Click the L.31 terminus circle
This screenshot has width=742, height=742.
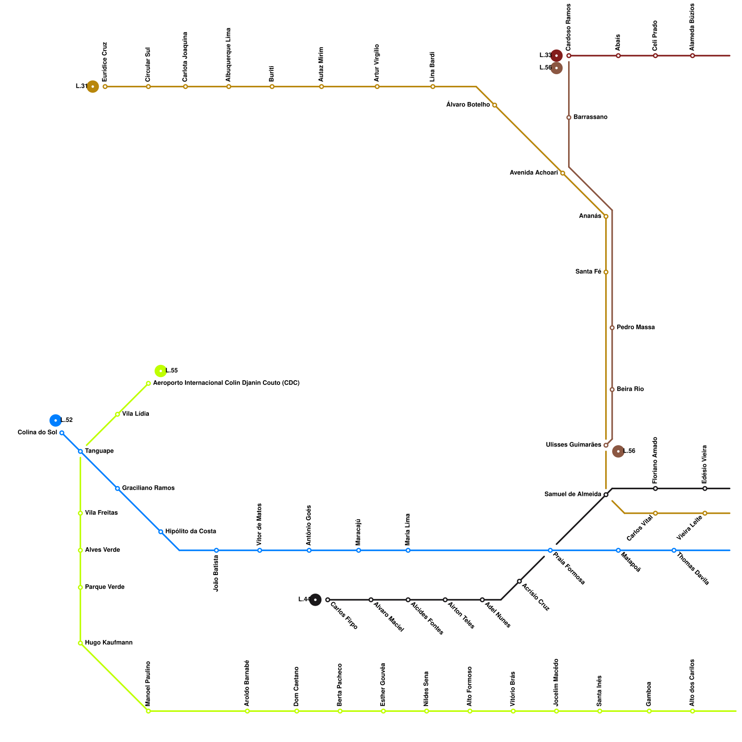[x=93, y=87]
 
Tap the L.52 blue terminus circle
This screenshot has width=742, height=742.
[x=56, y=420]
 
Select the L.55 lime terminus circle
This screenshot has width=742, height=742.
[x=160, y=371]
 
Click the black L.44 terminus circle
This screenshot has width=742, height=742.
[x=315, y=600]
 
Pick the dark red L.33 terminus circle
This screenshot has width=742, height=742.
[x=556, y=56]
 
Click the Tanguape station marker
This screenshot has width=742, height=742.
[x=80, y=451]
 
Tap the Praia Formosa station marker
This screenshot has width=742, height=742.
[x=550, y=550]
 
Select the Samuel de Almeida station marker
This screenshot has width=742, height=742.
[x=606, y=495]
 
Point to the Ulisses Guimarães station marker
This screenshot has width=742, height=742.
[x=606, y=445]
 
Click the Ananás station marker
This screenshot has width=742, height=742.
[x=606, y=217]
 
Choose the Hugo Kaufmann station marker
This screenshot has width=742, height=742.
[x=80, y=643]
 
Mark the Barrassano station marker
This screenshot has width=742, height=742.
[x=569, y=117]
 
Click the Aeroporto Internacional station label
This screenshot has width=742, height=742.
[x=226, y=383]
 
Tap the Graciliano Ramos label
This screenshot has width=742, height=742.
[x=148, y=488]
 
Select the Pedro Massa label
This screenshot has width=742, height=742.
[x=636, y=327]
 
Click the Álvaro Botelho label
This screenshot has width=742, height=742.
[x=468, y=105]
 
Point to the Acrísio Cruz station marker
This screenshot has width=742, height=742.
[x=519, y=581]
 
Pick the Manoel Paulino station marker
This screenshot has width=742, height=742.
[x=148, y=711]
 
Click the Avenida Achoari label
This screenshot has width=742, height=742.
[x=534, y=173]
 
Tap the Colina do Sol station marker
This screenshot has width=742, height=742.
[x=62, y=433]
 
